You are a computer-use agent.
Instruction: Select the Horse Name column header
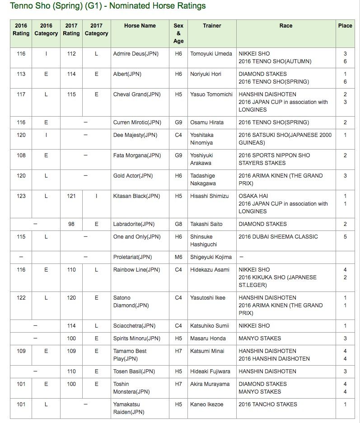click(x=140, y=26)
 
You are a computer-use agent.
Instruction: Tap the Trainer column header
click(x=212, y=26)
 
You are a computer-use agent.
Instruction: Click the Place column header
click(x=345, y=26)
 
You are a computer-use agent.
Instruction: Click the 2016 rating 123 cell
click(x=21, y=196)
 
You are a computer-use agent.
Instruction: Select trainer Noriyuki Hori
click(x=206, y=74)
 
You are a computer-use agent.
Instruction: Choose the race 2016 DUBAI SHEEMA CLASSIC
click(x=278, y=237)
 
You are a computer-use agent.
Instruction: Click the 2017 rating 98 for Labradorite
click(x=71, y=224)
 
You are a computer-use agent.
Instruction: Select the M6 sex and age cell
click(x=178, y=257)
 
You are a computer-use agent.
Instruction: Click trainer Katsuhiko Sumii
click(x=210, y=326)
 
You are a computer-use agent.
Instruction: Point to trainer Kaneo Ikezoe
click(x=207, y=404)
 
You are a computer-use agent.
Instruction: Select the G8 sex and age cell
click(x=178, y=224)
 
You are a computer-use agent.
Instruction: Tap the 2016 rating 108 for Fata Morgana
click(x=21, y=155)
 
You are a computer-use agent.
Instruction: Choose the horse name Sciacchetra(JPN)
click(x=135, y=326)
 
